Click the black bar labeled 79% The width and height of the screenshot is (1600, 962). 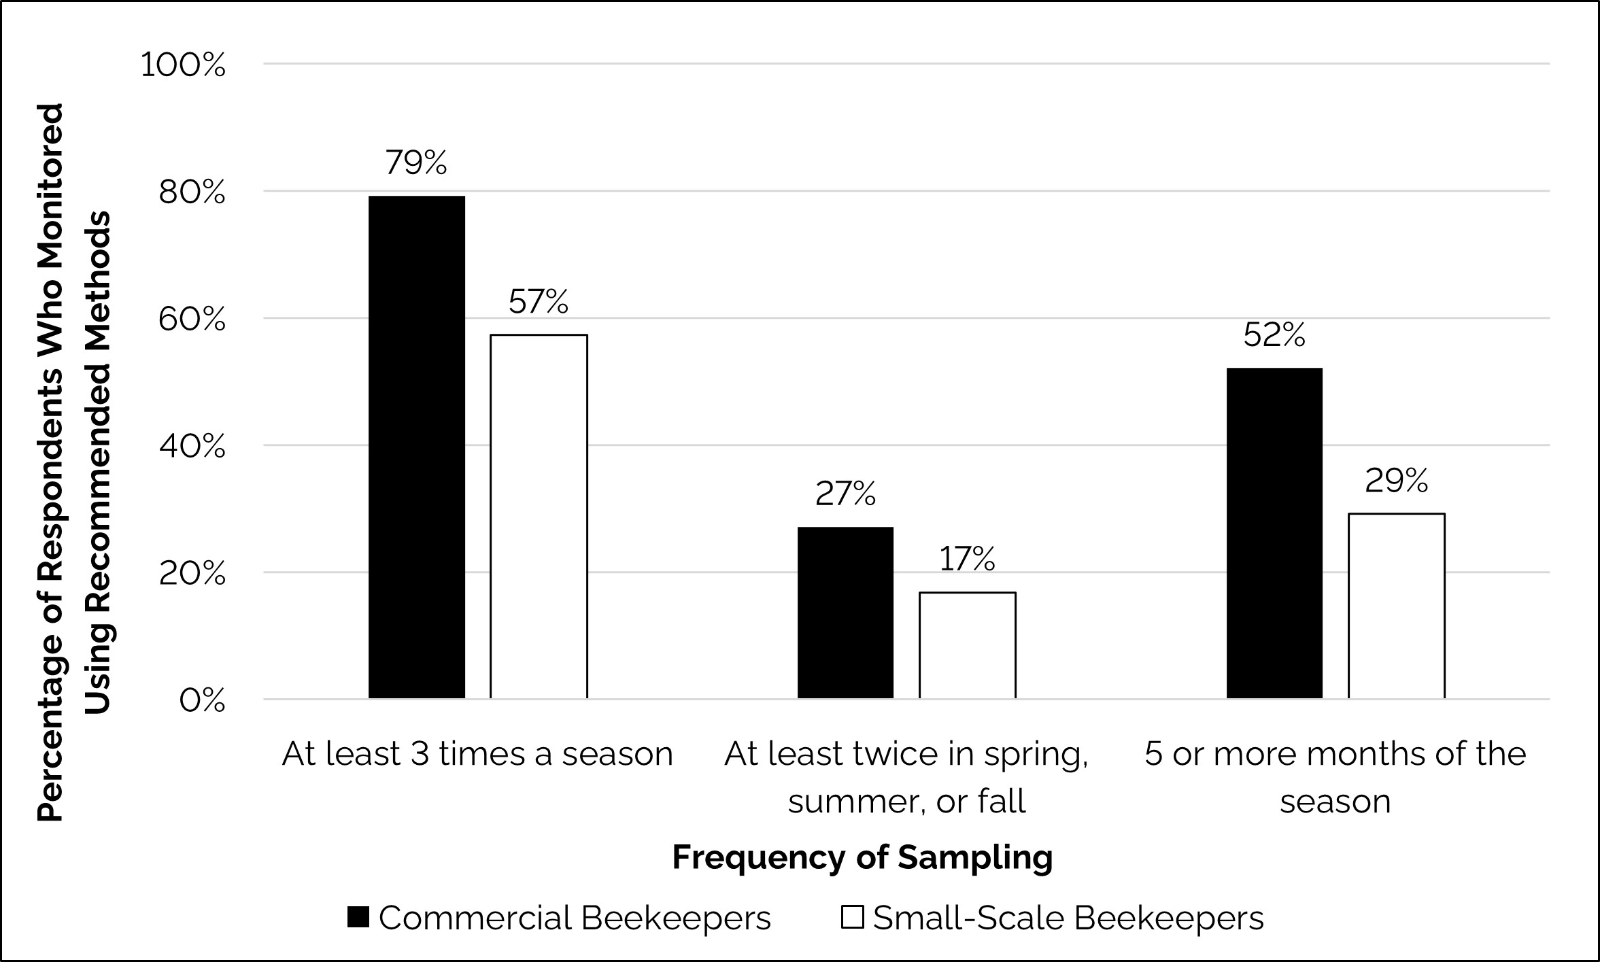click(417, 447)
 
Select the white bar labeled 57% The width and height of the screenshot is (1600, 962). click(539, 517)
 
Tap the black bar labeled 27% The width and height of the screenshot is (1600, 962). click(845, 613)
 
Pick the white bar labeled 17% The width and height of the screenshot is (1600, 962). click(968, 645)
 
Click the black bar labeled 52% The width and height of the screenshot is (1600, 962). click(1274, 533)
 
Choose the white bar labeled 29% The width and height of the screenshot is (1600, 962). click(1396, 606)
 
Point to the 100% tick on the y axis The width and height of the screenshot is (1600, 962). click(183, 65)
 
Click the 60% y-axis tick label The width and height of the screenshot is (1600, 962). click(191, 320)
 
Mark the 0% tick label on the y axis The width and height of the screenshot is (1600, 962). click(202, 700)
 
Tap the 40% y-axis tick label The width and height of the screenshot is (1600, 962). click(191, 447)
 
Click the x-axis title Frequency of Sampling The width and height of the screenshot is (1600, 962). click(862, 857)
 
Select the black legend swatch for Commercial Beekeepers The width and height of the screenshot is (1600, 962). click(358, 917)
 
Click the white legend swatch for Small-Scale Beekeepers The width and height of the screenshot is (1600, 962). click(852, 917)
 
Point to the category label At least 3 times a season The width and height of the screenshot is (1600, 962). click(477, 754)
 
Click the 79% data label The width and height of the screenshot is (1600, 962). click(416, 162)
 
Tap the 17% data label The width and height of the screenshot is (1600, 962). click(967, 559)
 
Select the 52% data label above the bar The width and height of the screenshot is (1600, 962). click(1274, 335)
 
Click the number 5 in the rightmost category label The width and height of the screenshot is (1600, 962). click(1154, 754)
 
